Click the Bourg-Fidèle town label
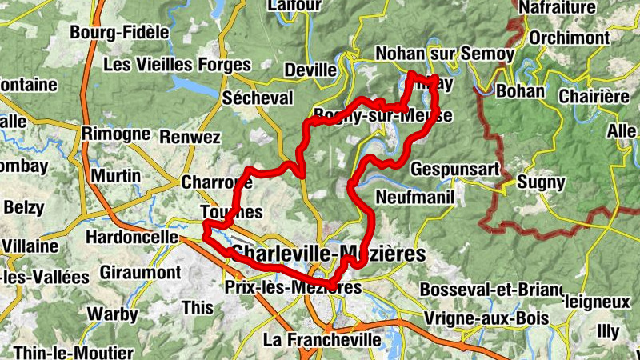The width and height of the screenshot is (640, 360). pyautogui.click(x=120, y=33)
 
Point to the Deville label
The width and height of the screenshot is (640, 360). pyautogui.click(x=310, y=70)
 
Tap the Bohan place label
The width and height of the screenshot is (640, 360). pyautogui.click(x=520, y=91)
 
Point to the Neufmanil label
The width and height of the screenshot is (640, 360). pyautogui.click(x=414, y=197)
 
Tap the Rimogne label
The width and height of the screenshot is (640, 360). pyautogui.click(x=116, y=134)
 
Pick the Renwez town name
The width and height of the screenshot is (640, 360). pyautogui.click(x=190, y=138)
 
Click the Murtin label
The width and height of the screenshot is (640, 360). pyautogui.click(x=116, y=176)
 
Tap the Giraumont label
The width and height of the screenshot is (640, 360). pyautogui.click(x=140, y=273)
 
